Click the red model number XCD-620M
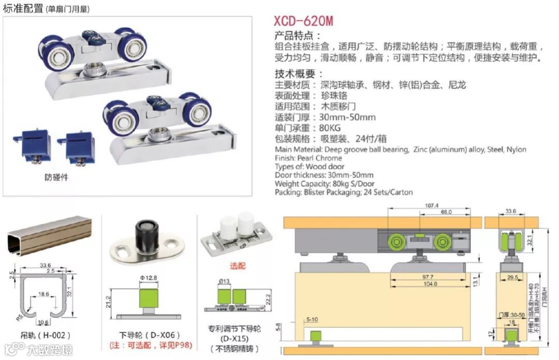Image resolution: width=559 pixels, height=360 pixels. [x=303, y=21]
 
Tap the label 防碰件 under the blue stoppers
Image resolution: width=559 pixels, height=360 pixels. [x=56, y=177]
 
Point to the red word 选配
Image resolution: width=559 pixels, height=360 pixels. [x=238, y=266]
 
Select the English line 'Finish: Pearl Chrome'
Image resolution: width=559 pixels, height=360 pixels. [x=308, y=158]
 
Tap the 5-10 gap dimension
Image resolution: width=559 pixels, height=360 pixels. [x=312, y=319]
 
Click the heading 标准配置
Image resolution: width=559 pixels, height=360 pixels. [x=23, y=8]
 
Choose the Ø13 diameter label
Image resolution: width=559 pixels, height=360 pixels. [x=223, y=281]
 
